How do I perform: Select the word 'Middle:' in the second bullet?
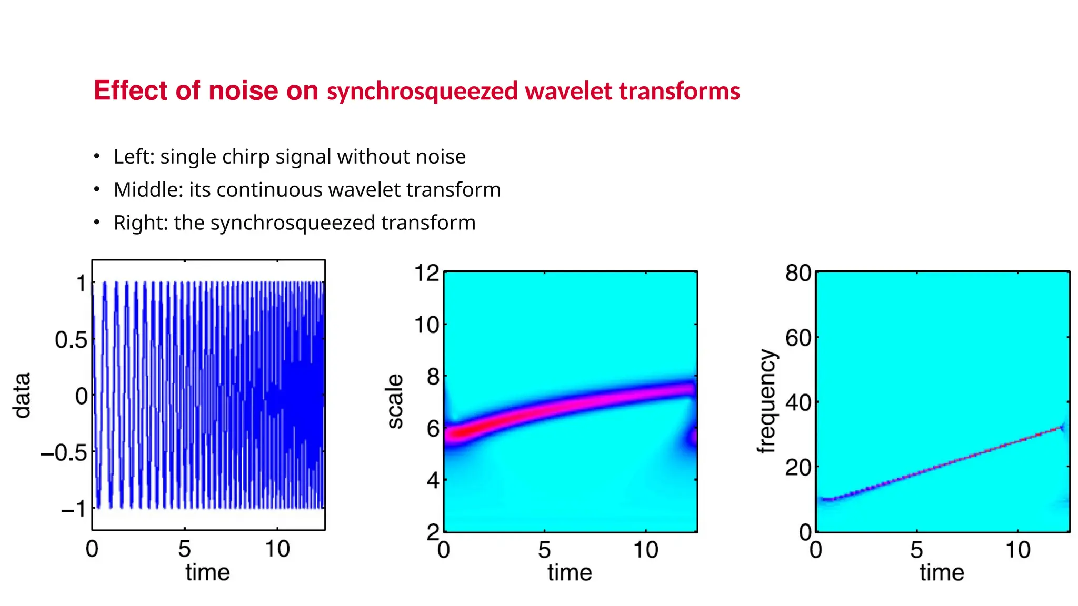click(148, 190)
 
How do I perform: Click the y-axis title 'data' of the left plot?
click(22, 396)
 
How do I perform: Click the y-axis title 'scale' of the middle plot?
click(395, 401)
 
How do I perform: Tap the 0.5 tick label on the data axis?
click(71, 340)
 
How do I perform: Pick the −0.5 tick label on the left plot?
click(64, 453)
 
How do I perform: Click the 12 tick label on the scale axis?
click(426, 273)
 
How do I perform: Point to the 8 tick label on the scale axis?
click(433, 377)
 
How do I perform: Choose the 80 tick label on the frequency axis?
click(798, 274)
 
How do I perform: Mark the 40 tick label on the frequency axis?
click(798, 403)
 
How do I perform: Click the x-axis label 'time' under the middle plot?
click(570, 572)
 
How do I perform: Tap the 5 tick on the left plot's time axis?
click(184, 549)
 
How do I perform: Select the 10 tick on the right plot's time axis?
click(1017, 550)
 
